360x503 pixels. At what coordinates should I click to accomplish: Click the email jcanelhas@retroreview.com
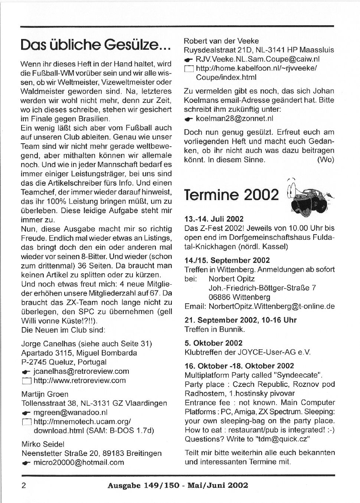(x=81, y=371)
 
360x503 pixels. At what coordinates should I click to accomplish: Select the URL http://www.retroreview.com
(x=79, y=380)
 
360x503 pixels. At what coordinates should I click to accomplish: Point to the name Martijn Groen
(x=45, y=394)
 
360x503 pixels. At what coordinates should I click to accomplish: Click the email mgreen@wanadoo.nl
(x=70, y=412)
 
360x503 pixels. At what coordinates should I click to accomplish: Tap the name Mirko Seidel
(x=43, y=444)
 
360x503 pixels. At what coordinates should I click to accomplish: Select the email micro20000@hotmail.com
(x=78, y=463)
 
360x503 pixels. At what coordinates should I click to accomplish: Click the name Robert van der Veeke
(x=221, y=41)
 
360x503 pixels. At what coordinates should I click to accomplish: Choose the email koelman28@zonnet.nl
(x=234, y=119)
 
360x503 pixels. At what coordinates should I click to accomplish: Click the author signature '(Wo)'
(x=325, y=160)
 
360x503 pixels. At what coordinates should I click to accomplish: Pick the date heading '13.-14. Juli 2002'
(x=214, y=219)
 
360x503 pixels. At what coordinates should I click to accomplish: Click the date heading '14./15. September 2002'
(x=227, y=260)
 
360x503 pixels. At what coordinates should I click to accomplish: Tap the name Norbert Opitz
(x=232, y=278)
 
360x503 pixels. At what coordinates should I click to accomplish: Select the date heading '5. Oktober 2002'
(x=213, y=343)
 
